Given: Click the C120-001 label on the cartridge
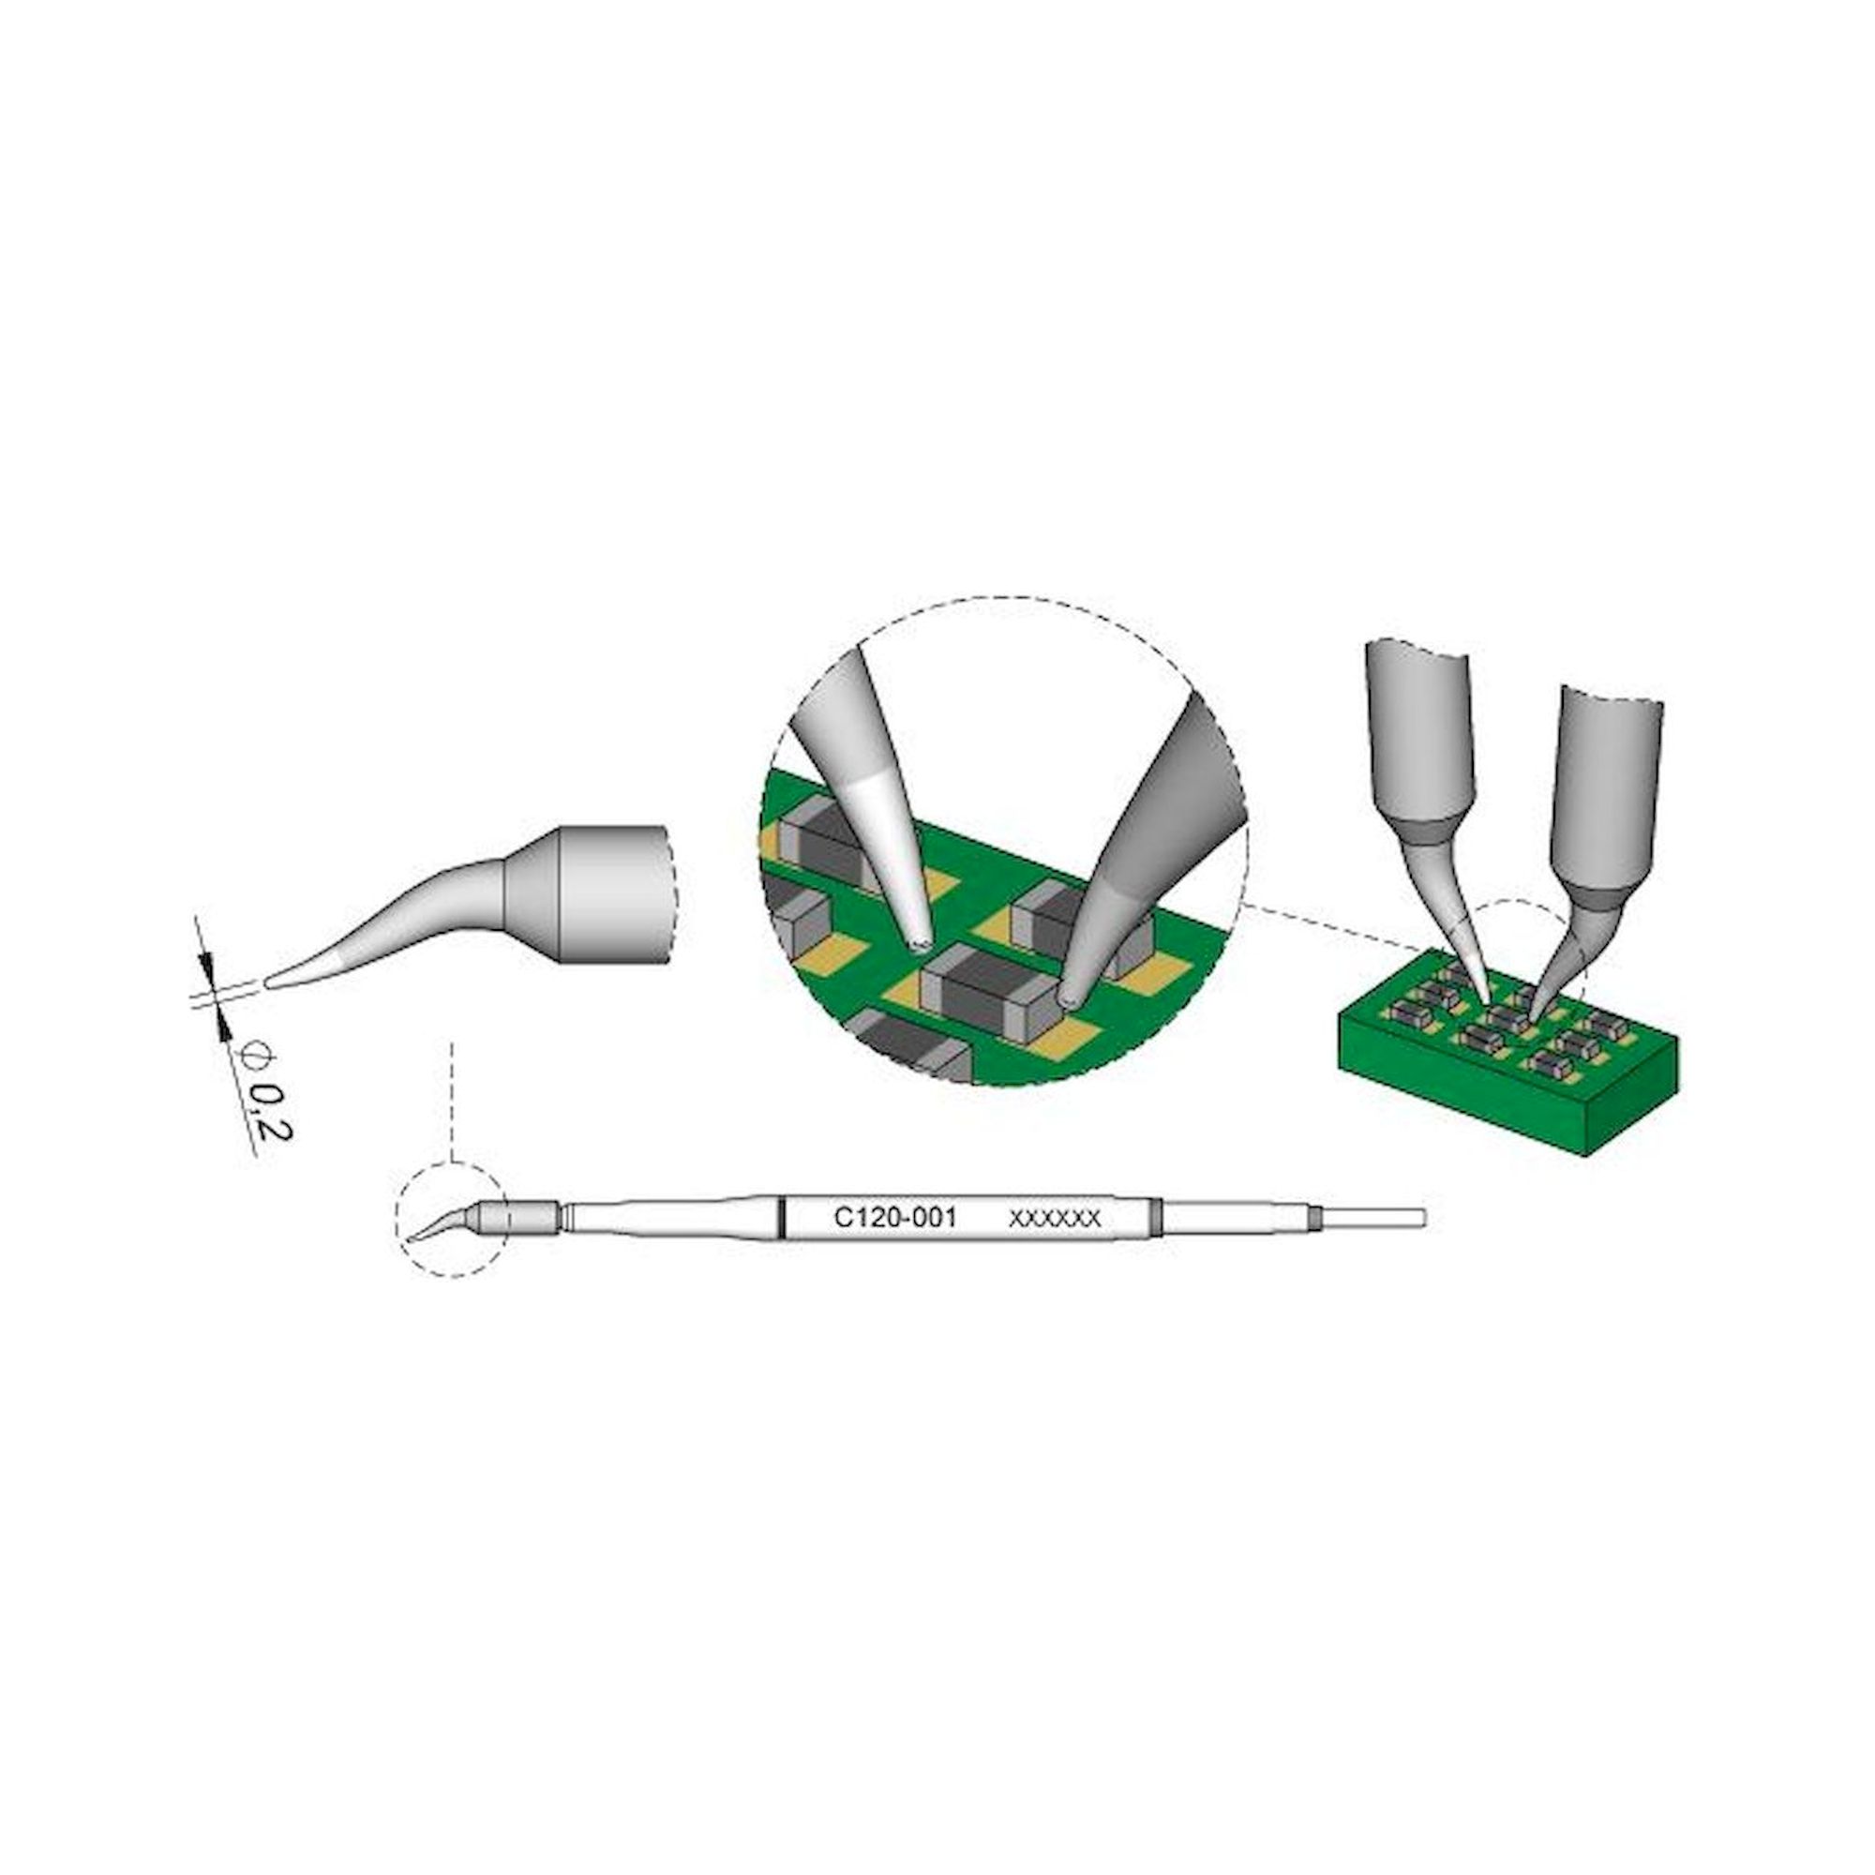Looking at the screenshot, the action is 895,1217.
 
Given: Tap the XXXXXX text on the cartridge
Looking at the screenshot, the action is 1055,1219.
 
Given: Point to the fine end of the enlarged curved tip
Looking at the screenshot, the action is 269,983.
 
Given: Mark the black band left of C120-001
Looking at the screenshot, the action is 780,1219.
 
